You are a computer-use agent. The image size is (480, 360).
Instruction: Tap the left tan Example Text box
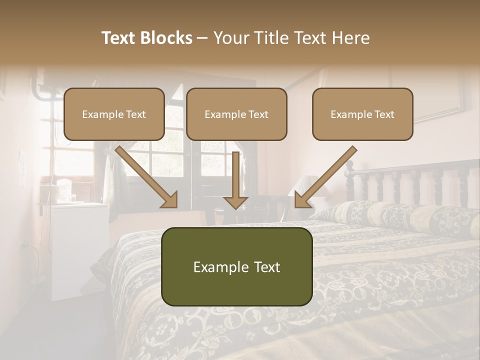click(114, 114)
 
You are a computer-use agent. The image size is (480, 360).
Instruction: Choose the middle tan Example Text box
click(236, 114)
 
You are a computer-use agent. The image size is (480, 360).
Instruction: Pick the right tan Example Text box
click(362, 114)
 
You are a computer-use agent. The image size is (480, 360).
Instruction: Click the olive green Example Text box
click(236, 266)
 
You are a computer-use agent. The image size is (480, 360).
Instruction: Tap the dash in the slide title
click(202, 38)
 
